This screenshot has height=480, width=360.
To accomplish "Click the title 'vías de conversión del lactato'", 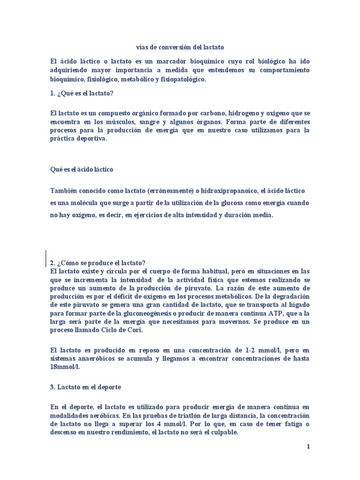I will (x=180, y=47).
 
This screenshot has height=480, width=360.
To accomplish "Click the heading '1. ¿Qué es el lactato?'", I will (x=82, y=93).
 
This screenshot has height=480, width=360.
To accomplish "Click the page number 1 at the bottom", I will (x=308, y=447).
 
